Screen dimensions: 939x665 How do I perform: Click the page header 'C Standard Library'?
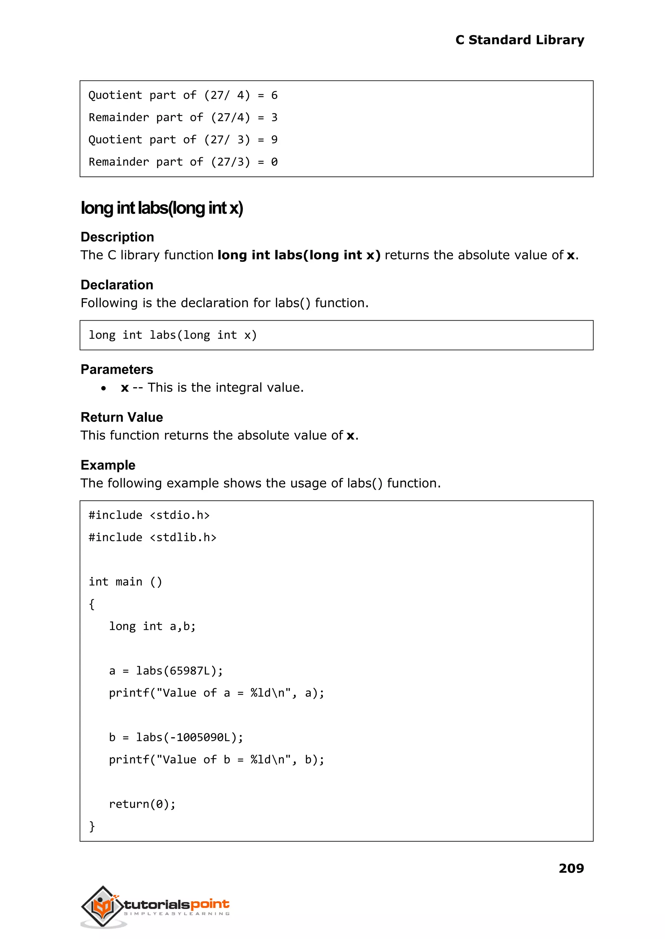click(x=519, y=40)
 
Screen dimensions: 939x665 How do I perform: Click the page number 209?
click(x=571, y=868)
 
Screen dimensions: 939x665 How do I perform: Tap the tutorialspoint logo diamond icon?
click(x=102, y=906)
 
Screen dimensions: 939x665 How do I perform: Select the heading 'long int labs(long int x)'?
click(x=162, y=208)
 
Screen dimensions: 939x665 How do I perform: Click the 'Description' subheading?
click(x=117, y=237)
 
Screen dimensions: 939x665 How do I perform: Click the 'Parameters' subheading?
click(x=117, y=370)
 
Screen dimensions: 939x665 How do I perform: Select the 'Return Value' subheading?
click(x=122, y=417)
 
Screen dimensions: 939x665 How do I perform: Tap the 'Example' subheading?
click(x=108, y=465)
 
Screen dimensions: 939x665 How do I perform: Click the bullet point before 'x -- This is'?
click(x=104, y=388)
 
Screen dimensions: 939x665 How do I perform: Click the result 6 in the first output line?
click(x=274, y=95)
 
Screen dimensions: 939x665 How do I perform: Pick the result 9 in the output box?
click(x=274, y=140)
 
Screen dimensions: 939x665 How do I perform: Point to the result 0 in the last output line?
click(x=274, y=162)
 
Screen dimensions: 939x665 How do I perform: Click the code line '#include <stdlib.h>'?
click(x=152, y=537)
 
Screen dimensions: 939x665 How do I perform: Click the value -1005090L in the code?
click(x=199, y=737)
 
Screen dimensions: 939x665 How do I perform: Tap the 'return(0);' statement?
click(x=142, y=804)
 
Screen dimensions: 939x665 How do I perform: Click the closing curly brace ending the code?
click(x=92, y=826)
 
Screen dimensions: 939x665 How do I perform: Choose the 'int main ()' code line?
click(x=125, y=582)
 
